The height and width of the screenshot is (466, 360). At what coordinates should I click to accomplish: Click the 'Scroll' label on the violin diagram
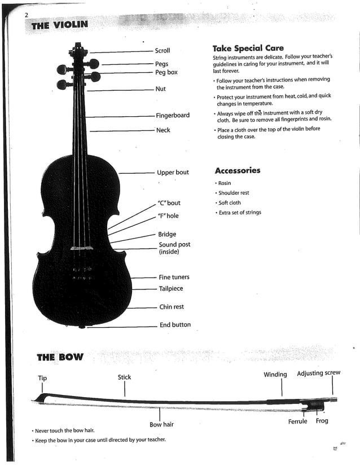tap(162, 51)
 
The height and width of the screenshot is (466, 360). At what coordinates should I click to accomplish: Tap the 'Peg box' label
tap(166, 73)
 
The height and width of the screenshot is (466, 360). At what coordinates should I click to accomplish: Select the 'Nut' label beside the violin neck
tap(160, 89)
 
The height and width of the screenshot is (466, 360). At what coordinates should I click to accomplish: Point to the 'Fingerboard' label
tap(173, 116)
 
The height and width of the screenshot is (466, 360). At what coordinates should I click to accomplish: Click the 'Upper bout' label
tap(173, 173)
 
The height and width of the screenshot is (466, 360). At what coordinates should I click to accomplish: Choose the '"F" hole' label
tap(168, 216)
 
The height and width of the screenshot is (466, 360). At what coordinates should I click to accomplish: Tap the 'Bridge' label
tap(167, 235)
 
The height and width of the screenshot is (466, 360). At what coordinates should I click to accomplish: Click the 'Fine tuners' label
tap(174, 278)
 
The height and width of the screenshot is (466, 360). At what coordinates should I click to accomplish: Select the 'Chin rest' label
tap(171, 307)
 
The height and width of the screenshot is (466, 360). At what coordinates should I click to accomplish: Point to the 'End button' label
tap(175, 325)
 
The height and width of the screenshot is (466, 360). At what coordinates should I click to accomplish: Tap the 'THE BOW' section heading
tap(60, 357)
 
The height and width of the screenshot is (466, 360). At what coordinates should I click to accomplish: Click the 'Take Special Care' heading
tap(248, 49)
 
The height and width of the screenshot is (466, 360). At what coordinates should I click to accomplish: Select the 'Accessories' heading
tap(238, 171)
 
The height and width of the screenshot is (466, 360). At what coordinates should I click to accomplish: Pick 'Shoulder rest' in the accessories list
tap(234, 193)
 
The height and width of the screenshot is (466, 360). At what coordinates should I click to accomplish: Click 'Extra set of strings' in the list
tap(240, 213)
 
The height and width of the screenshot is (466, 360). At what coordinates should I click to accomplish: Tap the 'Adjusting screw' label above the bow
tap(318, 373)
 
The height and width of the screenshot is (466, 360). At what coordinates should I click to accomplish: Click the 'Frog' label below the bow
tap(322, 421)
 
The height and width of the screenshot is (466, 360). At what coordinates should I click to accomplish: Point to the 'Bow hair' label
tap(161, 425)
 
